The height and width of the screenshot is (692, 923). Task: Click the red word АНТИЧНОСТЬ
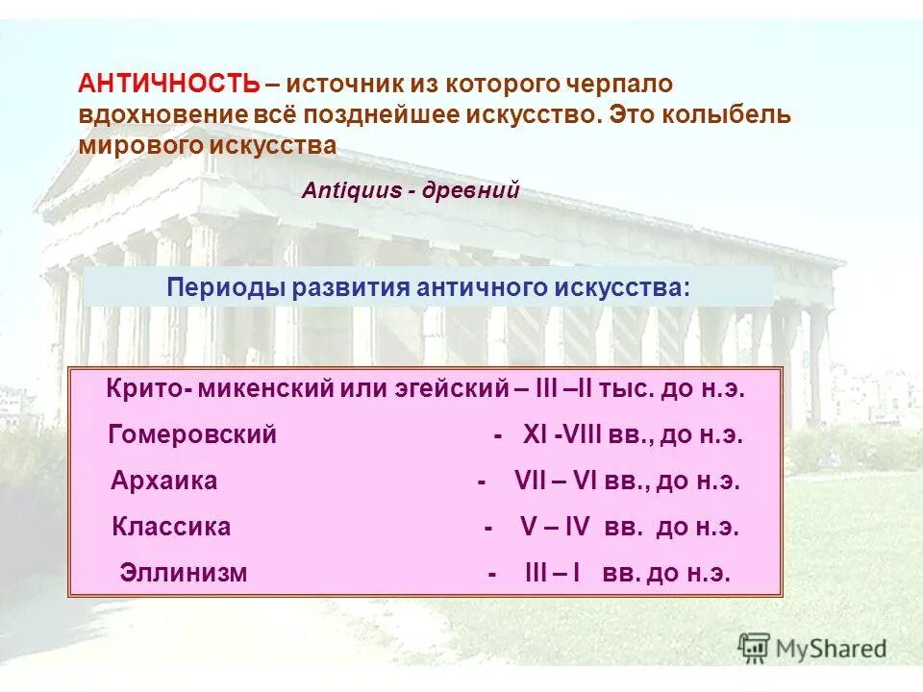coord(168,84)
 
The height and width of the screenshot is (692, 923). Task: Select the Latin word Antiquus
coord(352,190)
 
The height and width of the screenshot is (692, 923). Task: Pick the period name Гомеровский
coord(192,434)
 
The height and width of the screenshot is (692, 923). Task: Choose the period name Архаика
coord(164,481)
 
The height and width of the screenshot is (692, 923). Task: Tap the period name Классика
coord(171,527)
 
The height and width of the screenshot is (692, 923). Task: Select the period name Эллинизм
coord(184,574)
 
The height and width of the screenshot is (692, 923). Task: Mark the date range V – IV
coord(556,527)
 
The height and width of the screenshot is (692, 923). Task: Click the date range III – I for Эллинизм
coord(553,574)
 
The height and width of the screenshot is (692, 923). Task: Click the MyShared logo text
coord(832,649)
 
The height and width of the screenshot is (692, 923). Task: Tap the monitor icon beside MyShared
coord(755,647)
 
